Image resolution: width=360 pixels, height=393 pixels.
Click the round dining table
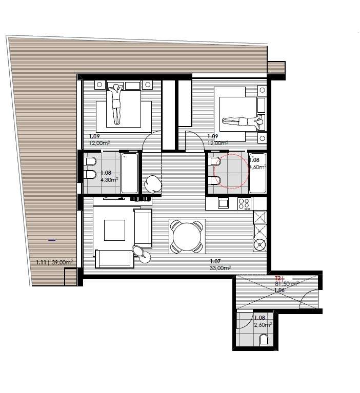point(187,236)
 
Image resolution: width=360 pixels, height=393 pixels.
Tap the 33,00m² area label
point(220,267)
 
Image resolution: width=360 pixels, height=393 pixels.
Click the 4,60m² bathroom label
point(257,167)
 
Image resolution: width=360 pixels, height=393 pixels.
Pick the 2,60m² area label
point(263,324)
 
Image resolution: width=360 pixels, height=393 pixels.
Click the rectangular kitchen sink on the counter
point(223,203)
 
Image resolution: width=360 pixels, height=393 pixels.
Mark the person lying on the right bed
point(242,121)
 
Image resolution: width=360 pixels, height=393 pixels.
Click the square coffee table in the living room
point(114,230)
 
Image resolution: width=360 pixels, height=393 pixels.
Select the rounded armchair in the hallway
point(153,183)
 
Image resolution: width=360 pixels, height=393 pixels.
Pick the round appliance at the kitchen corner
point(260,244)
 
